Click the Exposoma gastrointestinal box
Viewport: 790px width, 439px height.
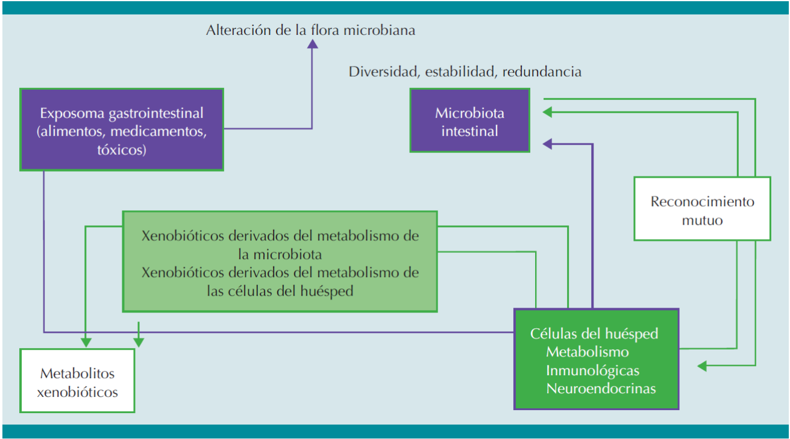click(x=122, y=129)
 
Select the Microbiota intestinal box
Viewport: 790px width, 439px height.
click(x=469, y=121)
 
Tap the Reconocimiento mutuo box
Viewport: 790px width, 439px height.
click(x=702, y=209)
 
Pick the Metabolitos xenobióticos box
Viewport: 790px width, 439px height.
click(x=77, y=381)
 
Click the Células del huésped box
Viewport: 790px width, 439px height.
click(x=596, y=359)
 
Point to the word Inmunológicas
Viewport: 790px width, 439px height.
click(x=592, y=370)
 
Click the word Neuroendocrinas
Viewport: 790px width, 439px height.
click(x=601, y=388)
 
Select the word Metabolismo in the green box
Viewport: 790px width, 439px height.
click(x=588, y=352)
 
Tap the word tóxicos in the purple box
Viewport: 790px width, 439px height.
click(x=122, y=150)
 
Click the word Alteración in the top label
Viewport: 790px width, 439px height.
click(x=237, y=30)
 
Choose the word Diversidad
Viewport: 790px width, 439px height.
click(x=384, y=72)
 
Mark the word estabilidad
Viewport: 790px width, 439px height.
click(x=461, y=72)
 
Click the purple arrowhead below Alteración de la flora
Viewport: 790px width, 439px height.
click(x=312, y=44)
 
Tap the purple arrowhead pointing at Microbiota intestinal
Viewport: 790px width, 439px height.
click(x=547, y=143)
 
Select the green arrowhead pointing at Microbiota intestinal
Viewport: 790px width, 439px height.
click(x=547, y=111)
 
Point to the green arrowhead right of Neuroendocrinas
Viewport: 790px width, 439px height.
click(x=703, y=366)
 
